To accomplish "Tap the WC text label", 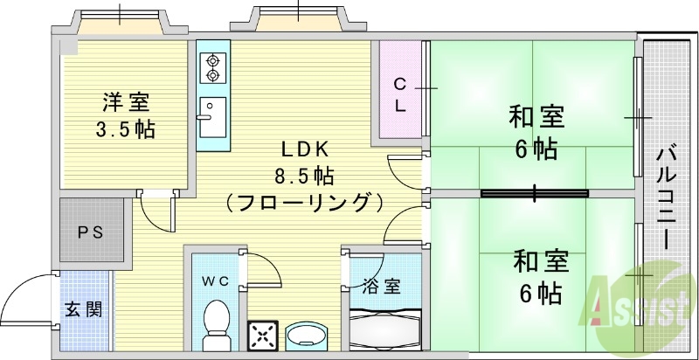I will point(215,280).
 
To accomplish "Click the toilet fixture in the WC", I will point(215,323).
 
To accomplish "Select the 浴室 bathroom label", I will point(382,286).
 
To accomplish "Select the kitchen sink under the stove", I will point(211,118).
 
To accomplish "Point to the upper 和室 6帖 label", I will point(536,131).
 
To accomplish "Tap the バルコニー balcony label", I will point(668,197).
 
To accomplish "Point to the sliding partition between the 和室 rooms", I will point(533,192).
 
